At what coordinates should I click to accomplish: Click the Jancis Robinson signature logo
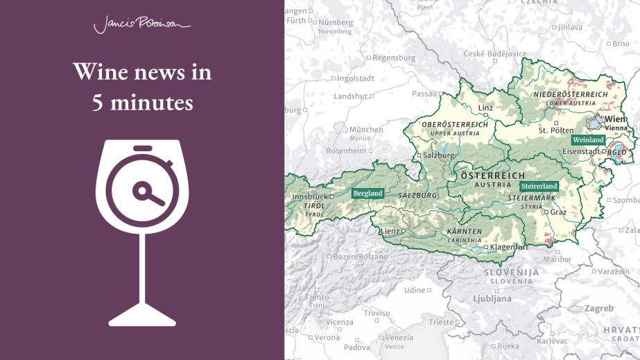141,26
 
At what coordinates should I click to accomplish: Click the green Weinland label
588,140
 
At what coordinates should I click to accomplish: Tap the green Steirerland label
539,187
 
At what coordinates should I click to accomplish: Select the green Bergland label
367,194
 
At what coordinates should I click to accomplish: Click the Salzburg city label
439,155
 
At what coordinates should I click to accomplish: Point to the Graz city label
558,212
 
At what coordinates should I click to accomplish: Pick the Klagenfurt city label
510,247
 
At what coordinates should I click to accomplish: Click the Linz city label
485,108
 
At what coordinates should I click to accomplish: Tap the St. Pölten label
556,130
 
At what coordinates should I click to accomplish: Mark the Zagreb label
598,308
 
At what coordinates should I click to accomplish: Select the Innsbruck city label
309,197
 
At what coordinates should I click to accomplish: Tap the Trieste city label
441,322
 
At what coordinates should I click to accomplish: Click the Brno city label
621,44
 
